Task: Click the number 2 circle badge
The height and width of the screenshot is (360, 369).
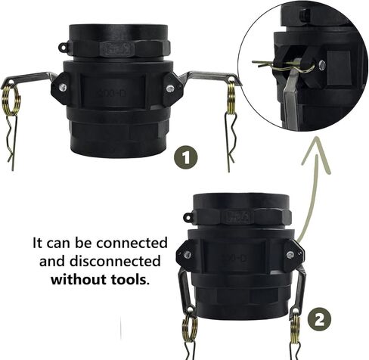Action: coord(319,320)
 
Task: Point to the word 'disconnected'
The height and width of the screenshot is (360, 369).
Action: coord(115,261)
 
